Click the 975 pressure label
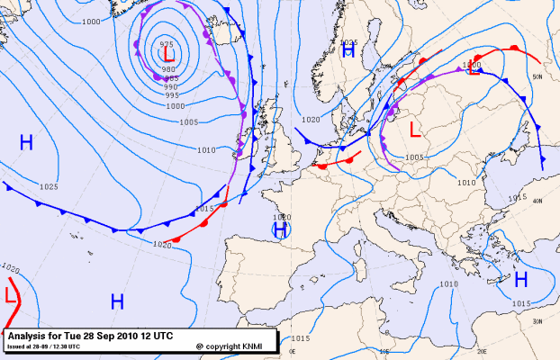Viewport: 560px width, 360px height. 167,44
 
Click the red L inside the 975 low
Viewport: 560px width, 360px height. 168,55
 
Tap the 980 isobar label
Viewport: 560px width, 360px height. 169,69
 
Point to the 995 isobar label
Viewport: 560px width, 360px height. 171,95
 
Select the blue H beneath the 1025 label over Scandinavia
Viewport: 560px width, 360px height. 348,51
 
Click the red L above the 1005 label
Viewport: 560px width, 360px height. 414,130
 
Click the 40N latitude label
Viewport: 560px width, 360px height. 538,201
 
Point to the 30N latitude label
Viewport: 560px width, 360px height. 538,321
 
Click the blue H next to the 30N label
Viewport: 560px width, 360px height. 520,280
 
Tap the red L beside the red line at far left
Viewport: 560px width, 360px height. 10,294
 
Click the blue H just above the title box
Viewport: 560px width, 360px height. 116,301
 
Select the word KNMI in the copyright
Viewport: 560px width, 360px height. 256,346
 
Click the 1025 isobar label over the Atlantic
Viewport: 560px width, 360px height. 49,187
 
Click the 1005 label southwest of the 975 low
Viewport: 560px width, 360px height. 188,122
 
